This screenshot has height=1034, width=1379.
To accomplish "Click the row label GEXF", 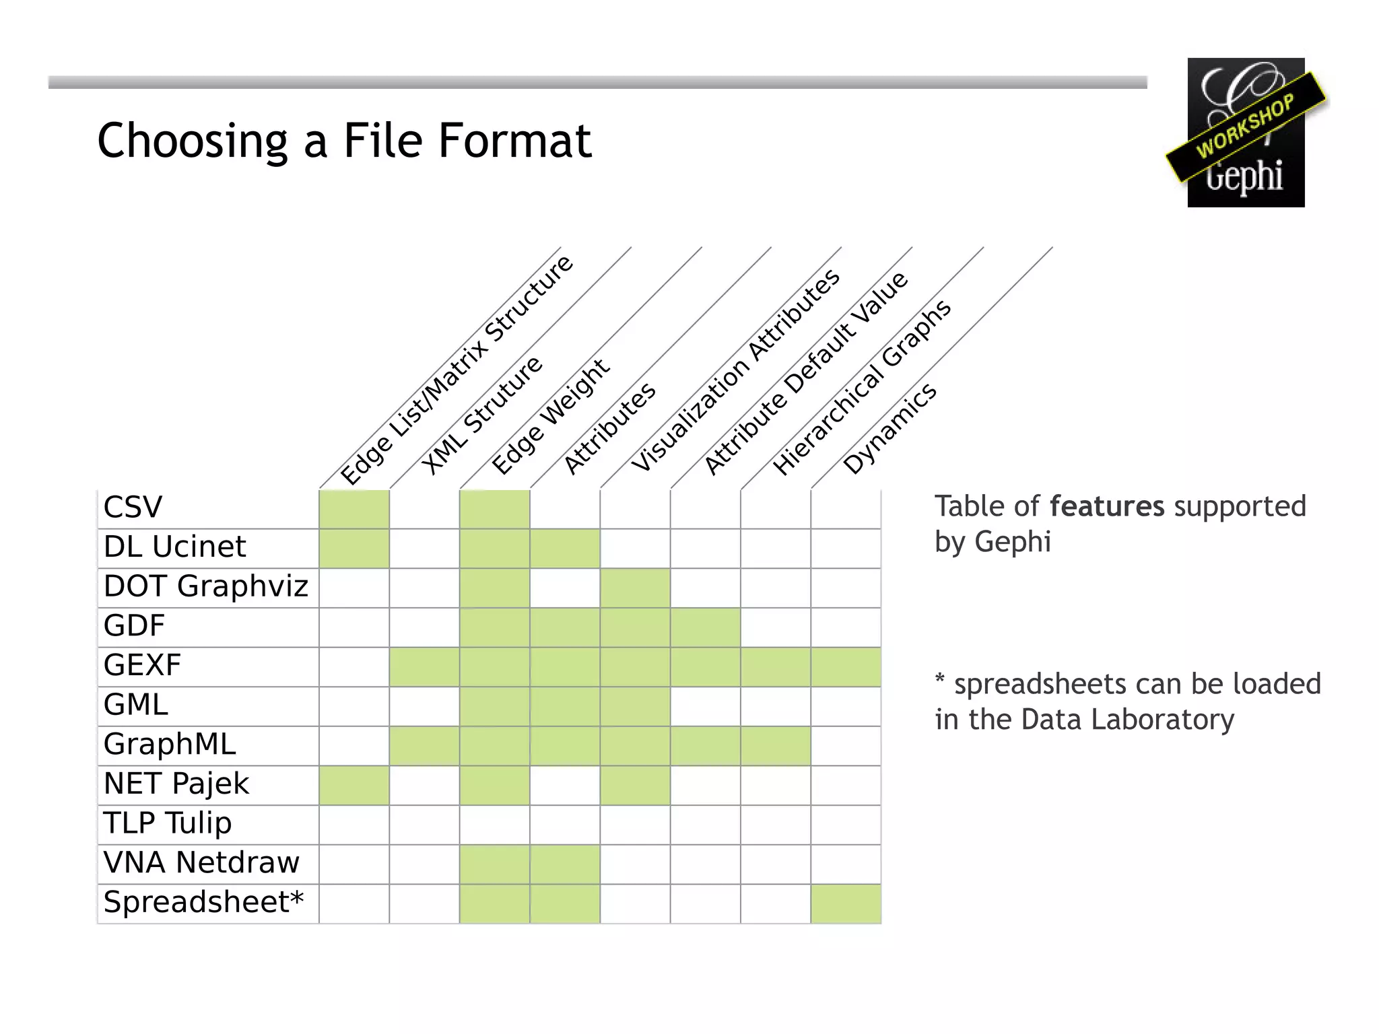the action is (142, 666).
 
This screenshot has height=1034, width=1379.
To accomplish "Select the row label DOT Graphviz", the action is (205, 586).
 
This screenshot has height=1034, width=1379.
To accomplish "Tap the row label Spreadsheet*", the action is (203, 903).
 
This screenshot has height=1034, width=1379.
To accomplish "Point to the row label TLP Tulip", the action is (167, 823).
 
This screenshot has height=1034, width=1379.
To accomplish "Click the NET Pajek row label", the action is (176, 784).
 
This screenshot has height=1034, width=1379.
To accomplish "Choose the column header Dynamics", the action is (889, 429).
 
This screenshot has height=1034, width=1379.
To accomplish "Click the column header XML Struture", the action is (482, 415).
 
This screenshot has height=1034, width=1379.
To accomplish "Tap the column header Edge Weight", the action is (551, 417).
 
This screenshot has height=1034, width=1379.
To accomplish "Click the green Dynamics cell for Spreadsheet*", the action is (846, 904).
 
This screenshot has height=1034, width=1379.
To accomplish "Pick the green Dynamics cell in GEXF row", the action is (846, 666).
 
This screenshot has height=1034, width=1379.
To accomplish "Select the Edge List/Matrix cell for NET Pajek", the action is (354, 786).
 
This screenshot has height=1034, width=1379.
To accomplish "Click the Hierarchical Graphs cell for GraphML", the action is (776, 746).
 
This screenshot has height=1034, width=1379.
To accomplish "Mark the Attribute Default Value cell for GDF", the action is (706, 627).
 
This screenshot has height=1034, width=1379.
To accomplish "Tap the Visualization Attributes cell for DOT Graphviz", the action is (635, 588).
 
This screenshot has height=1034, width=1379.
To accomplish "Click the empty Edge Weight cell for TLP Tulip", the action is (495, 825).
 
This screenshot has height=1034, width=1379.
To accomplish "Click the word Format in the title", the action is (514, 141).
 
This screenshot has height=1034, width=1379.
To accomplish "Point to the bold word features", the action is (1106, 506).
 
